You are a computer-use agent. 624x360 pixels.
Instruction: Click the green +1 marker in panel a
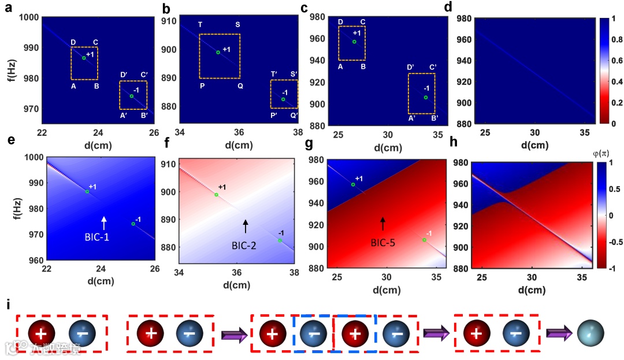pyautogui.click(x=84, y=58)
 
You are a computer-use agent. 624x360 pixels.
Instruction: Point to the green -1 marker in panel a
pyautogui.click(x=132, y=96)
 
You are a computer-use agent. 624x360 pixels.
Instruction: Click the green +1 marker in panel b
pyautogui.click(x=218, y=53)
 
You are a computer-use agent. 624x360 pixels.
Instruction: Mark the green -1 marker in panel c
pyautogui.click(x=426, y=97)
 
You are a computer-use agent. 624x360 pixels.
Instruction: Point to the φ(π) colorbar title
pyautogui.click(x=603, y=154)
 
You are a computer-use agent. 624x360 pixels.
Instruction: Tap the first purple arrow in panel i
pyautogui.click(x=233, y=334)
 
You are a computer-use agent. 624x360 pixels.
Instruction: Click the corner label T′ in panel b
pyautogui.click(x=274, y=74)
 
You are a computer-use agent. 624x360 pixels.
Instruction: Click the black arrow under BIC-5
pyautogui.click(x=382, y=224)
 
